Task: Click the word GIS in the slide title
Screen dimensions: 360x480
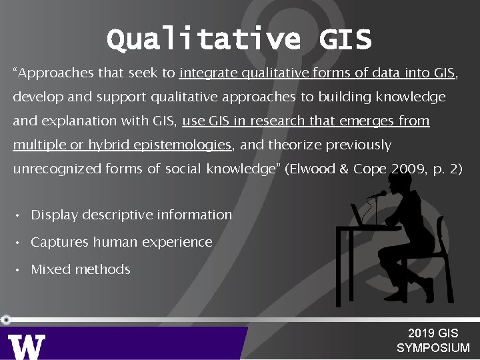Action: coord(345,40)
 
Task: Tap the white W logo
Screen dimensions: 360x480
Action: coord(27,346)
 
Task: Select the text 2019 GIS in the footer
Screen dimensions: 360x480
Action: coord(433,333)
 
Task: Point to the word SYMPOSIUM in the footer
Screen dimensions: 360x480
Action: coord(433,348)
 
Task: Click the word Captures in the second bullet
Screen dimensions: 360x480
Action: coord(55,243)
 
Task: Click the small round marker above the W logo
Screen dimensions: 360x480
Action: coord(6,319)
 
